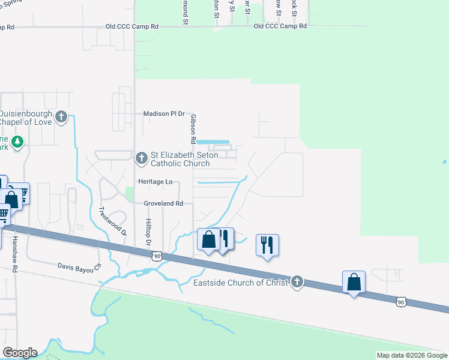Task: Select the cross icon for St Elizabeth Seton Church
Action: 141,158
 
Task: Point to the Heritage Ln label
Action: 155,181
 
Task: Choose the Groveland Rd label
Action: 163,203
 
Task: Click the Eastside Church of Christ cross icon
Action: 297,282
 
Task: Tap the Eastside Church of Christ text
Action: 237,283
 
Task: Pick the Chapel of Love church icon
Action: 61,117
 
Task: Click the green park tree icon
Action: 19,142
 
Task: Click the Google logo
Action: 19,353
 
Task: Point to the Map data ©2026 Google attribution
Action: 412,355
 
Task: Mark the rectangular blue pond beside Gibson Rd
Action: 214,142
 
